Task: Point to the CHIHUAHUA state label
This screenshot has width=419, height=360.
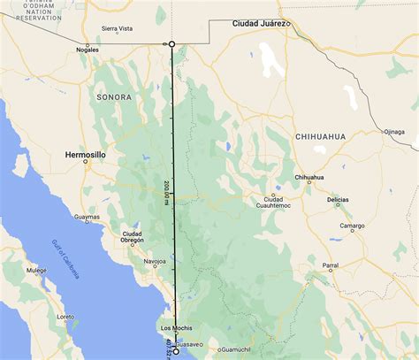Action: pos(320,136)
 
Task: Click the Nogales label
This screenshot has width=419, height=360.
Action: pos(87,50)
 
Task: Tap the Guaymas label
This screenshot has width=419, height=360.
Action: pos(87,217)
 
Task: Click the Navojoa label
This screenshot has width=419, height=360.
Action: pos(156,263)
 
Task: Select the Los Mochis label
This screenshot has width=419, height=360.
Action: pos(175,328)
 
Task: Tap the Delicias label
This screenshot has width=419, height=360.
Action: pos(338,200)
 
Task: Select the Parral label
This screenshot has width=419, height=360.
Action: pos(330,265)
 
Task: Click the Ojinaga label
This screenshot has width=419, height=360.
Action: pos(394,132)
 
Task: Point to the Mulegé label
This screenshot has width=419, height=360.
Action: pos(35,271)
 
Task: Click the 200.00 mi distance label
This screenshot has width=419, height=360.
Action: pos(167,193)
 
